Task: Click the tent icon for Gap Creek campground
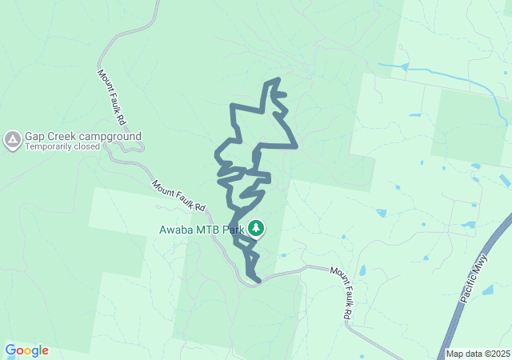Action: click(x=12, y=141)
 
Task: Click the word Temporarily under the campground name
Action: click(x=50, y=147)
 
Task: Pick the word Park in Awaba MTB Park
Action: click(x=234, y=230)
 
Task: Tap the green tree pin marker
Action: click(x=256, y=229)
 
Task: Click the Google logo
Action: click(x=26, y=350)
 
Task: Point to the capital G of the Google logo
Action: click(x=10, y=350)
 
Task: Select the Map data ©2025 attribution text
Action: click(x=478, y=354)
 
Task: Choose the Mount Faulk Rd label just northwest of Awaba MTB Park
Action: click(x=179, y=195)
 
